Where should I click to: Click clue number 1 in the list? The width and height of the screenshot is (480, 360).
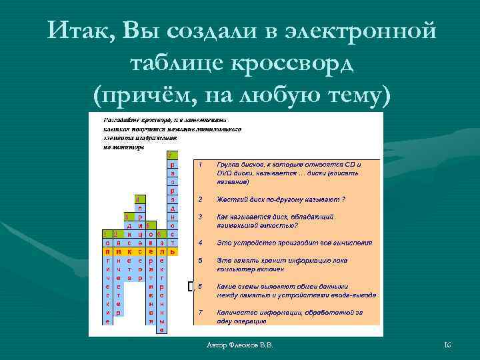tap(200, 163)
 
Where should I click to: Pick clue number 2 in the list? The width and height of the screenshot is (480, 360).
tap(200, 199)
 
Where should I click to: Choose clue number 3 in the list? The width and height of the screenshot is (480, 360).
tap(200, 217)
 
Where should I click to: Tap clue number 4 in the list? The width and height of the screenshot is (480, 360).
tap(200, 243)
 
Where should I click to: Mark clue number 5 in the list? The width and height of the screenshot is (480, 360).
tap(200, 260)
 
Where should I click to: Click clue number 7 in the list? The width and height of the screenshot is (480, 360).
tap(200, 312)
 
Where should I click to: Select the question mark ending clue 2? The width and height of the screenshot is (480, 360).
tap(343, 199)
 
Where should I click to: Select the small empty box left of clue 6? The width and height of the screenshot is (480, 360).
tap(191, 286)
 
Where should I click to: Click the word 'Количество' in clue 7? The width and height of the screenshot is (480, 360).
tap(237, 312)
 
